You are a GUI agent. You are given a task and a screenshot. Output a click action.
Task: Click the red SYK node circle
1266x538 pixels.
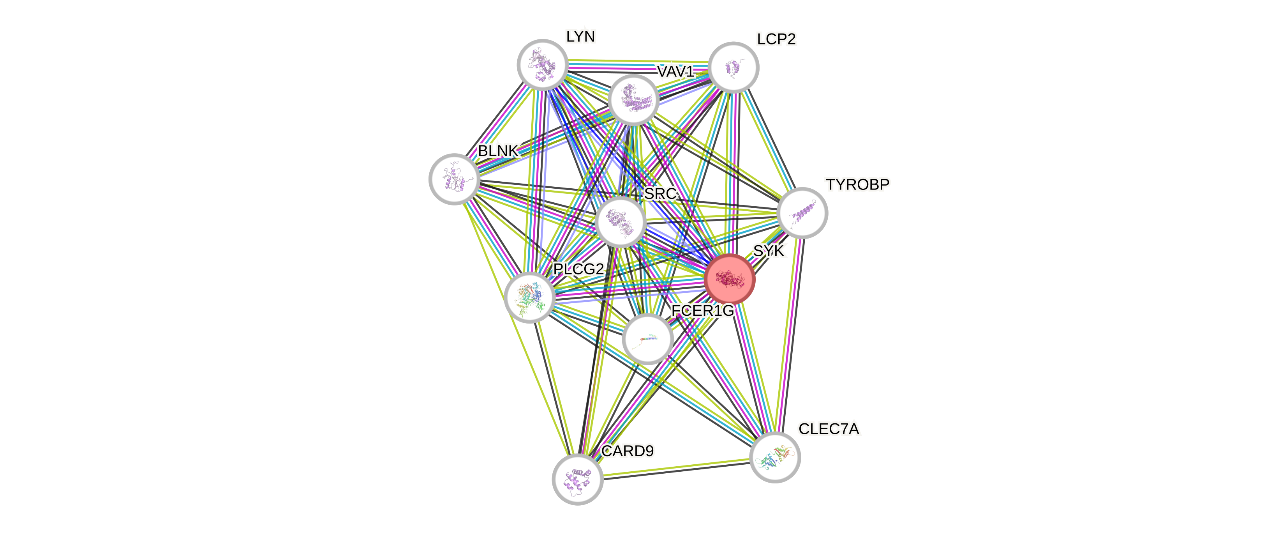[x=729, y=279]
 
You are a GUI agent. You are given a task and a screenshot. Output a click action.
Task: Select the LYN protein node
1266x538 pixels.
[x=543, y=64]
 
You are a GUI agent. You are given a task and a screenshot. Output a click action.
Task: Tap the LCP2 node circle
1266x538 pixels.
[x=733, y=67]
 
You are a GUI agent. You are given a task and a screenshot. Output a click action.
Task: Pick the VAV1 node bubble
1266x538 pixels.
[x=633, y=99]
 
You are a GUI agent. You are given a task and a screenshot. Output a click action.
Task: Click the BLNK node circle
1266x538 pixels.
[x=454, y=179]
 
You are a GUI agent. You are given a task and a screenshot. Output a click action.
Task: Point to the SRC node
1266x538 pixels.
[x=620, y=221]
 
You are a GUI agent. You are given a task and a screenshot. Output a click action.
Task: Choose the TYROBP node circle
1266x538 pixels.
[x=802, y=213]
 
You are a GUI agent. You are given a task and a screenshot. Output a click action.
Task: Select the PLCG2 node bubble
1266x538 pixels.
[x=529, y=297]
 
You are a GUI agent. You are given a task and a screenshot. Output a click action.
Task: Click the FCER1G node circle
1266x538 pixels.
[x=647, y=339]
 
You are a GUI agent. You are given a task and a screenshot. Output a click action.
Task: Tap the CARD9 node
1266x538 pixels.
[x=577, y=480]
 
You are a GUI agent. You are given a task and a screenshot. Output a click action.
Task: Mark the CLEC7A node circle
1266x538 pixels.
[x=775, y=457]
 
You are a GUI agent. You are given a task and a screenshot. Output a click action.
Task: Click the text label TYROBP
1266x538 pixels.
[x=858, y=184]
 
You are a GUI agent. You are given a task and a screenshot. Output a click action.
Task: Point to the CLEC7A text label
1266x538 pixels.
[x=829, y=429]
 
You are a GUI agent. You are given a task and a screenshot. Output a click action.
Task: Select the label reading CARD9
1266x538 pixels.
[x=628, y=451]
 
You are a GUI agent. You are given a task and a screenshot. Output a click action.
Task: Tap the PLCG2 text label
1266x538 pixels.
[x=578, y=269]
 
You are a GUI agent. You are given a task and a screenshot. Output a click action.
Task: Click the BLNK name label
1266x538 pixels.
[x=498, y=150]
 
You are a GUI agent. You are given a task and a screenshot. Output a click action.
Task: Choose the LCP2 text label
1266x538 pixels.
[x=776, y=39]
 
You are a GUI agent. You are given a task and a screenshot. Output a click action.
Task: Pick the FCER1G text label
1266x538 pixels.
[x=702, y=311]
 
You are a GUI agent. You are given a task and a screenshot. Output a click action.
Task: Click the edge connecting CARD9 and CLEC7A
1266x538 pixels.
[x=676, y=468]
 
